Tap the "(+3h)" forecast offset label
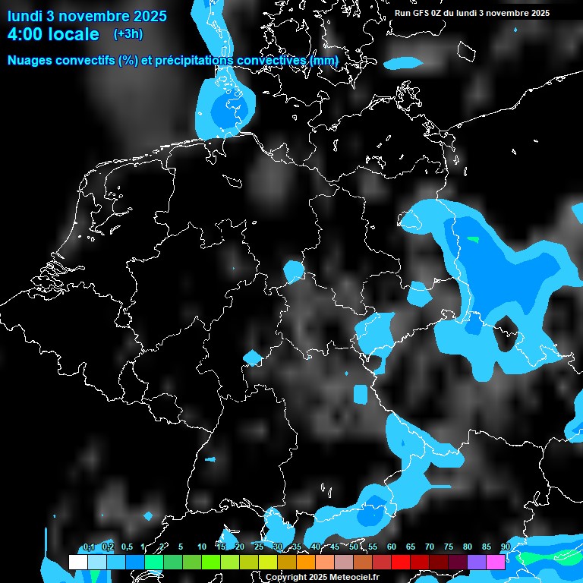[x=128, y=33]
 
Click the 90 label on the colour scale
[x=505, y=547]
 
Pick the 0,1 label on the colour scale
[x=88, y=547]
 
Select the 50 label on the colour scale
[x=354, y=547]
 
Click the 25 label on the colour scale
[x=259, y=547]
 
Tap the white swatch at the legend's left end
[x=77, y=562]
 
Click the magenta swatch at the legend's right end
[x=496, y=562]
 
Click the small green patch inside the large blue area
[x=474, y=239]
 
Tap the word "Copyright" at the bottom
[x=285, y=578]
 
